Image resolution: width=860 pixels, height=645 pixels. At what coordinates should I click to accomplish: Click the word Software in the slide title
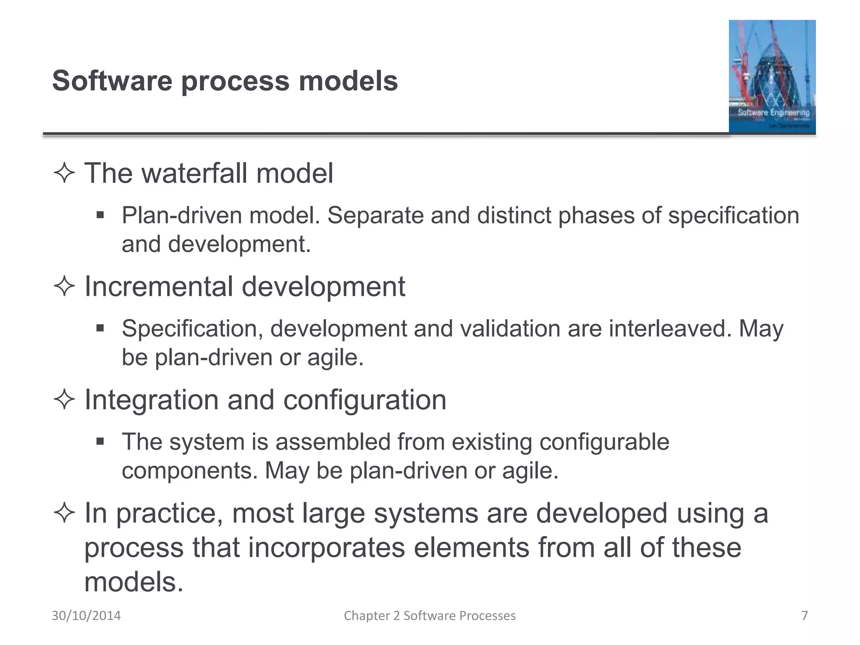pos(112,81)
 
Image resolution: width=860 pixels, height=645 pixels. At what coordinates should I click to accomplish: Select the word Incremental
pos(158,286)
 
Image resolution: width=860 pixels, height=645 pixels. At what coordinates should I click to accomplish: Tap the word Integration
pos(151,399)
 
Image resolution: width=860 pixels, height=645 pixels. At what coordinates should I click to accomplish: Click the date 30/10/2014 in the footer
pos(86,616)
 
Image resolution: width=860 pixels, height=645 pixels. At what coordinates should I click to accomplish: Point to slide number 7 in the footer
pos(805,616)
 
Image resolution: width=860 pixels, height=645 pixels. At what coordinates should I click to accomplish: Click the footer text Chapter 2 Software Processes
pos(430,616)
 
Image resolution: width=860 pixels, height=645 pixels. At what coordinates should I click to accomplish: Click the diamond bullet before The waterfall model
pos(64,173)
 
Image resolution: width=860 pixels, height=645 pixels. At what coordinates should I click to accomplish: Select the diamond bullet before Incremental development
pos(64,287)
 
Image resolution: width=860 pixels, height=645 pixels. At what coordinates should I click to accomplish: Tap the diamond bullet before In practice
pos(64,513)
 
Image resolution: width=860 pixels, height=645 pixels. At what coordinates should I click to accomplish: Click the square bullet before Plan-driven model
pos(100,215)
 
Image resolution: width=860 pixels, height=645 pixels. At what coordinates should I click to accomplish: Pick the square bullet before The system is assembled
pos(100,442)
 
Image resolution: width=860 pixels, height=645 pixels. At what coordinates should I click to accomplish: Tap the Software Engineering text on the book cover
pos(773,113)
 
